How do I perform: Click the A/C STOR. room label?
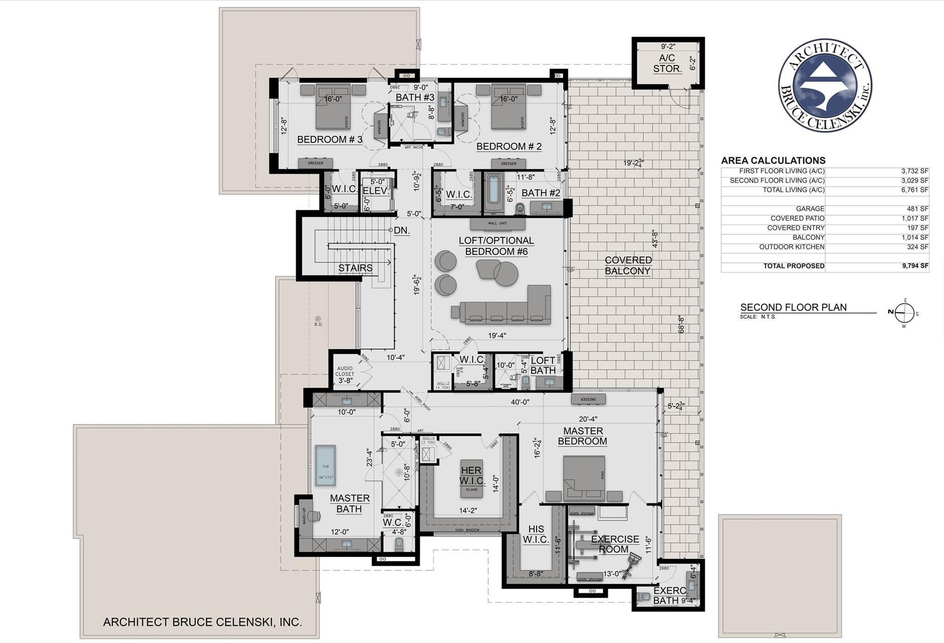667,63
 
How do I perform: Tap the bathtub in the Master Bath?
325,465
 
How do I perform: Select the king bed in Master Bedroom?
584,478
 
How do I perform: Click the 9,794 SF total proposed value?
914,266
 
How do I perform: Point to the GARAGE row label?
810,208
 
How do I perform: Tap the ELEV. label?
375,191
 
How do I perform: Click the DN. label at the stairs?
402,230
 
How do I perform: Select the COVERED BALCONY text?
627,265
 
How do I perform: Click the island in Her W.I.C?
472,478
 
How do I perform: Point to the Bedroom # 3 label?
330,139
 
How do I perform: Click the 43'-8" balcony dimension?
654,239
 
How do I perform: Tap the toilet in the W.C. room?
400,544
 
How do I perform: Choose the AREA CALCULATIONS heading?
773,161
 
